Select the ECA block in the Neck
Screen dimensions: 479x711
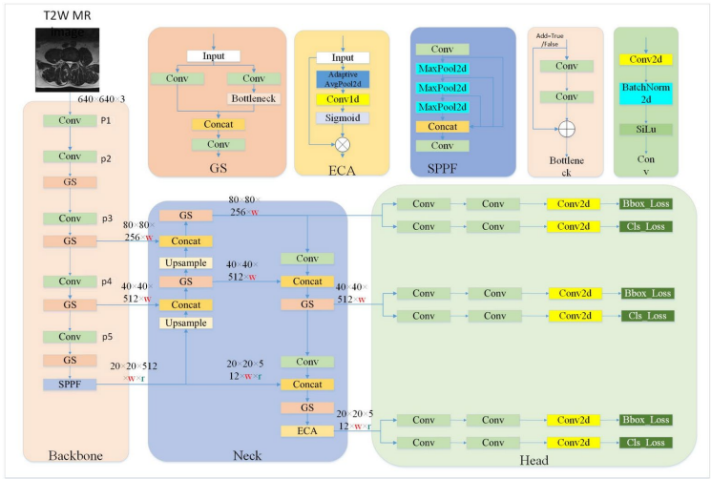tap(307, 431)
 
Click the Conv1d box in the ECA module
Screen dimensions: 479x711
tap(342, 98)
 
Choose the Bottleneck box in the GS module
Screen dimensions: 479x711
tap(253, 97)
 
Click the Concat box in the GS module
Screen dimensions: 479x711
tap(218, 124)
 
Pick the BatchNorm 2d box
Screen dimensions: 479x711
tap(646, 94)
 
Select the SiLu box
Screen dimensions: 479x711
tap(646, 128)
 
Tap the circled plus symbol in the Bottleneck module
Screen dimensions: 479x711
tap(566, 128)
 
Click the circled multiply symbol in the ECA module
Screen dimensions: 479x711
tap(341, 145)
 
